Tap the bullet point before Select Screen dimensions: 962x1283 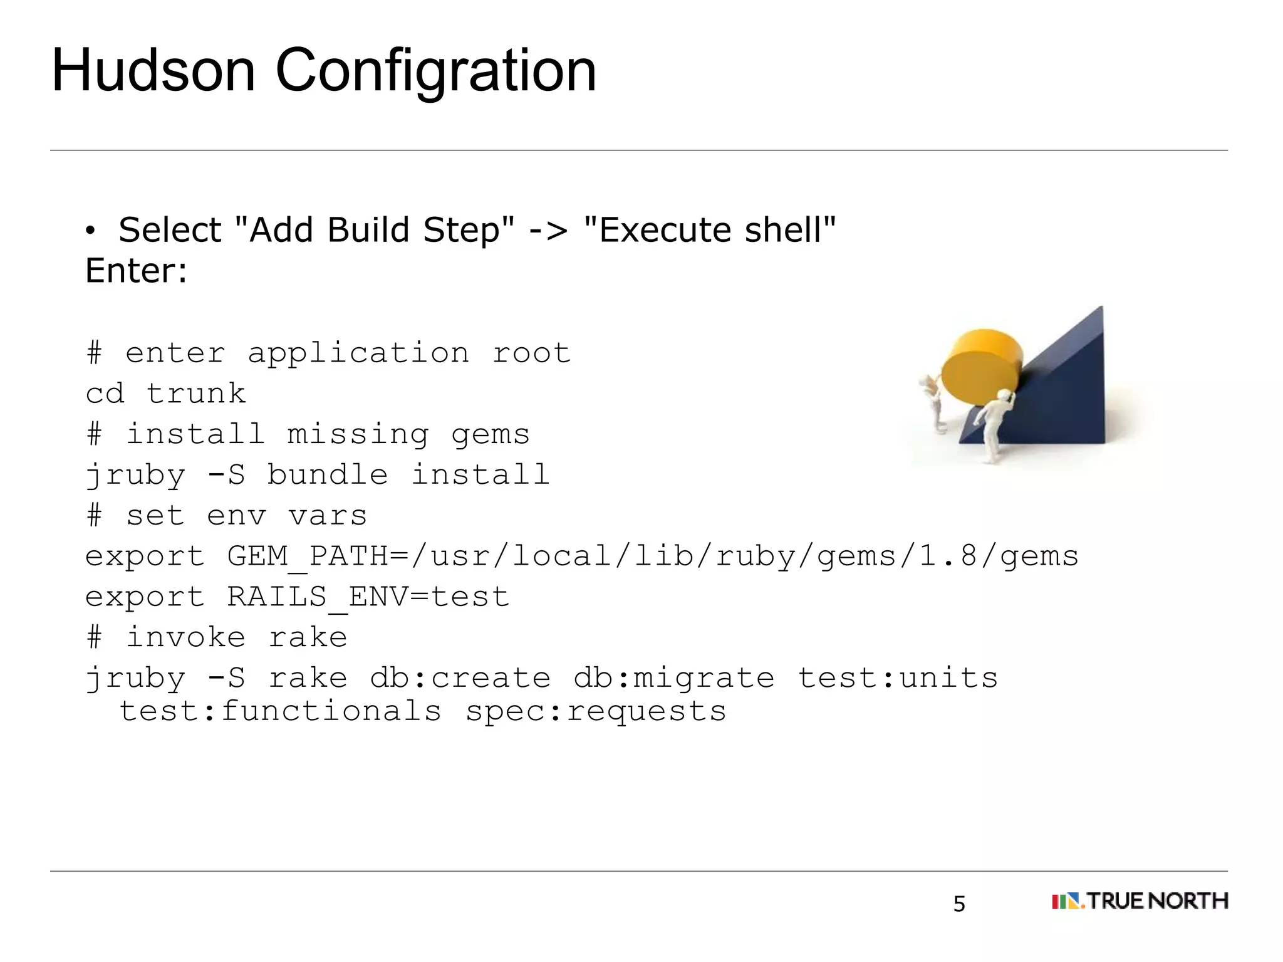pos(91,232)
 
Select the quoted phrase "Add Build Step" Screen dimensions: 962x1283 pos(373,230)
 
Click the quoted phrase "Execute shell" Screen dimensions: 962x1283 pos(709,230)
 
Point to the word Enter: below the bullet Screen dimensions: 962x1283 pos(136,271)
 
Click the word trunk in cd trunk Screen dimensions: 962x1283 pos(196,394)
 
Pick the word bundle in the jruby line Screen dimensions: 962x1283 pos(328,474)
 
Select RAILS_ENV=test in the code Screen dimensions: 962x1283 pos(368,597)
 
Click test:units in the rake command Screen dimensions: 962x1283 pos(898,678)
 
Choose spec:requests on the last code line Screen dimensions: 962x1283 pos(596,712)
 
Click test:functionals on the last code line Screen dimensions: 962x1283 pos(280,712)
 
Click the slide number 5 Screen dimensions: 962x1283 pos(959,904)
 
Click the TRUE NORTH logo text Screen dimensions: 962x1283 pos(1156,901)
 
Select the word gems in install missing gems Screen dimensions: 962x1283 pos(491,434)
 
